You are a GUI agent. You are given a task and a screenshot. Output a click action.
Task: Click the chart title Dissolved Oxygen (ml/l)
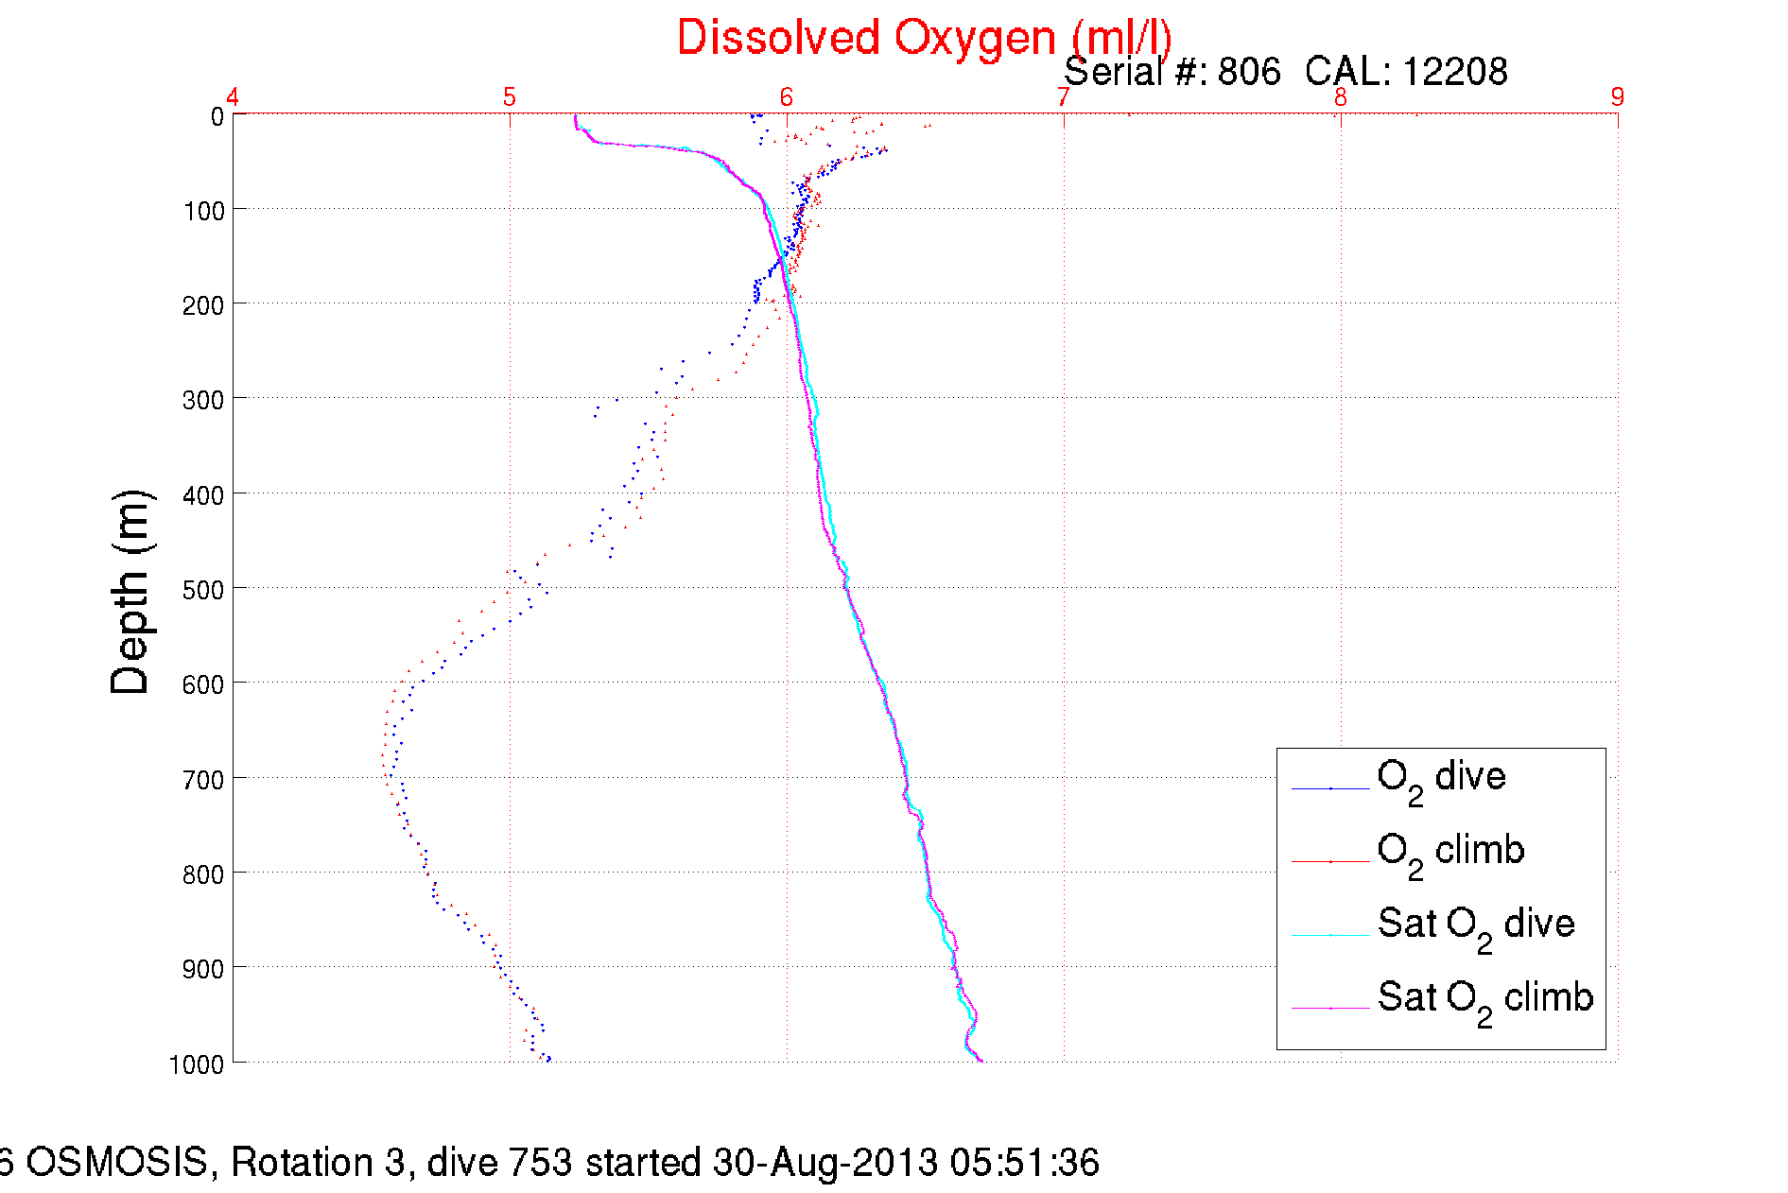924,39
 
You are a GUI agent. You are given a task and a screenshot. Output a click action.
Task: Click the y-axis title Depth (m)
130,593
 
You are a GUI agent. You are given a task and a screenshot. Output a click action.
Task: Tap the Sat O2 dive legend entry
1475,925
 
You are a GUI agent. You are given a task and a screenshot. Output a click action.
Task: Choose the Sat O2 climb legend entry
1484,999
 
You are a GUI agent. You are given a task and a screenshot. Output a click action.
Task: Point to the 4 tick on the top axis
233,96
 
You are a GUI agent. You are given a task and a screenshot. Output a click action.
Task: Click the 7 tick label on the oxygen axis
1063,96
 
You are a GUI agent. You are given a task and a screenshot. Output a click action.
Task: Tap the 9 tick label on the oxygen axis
1617,96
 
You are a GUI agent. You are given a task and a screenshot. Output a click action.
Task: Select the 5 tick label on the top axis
510,96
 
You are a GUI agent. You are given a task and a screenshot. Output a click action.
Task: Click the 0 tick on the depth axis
217,117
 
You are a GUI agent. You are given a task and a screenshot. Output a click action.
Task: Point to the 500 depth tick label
203,590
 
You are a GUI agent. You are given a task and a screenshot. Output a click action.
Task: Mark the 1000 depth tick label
197,1064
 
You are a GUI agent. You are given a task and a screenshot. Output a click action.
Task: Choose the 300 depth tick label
203,401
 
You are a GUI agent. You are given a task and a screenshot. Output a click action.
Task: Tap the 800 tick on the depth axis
203,874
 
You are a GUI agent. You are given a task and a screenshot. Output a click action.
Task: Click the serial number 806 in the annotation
1248,72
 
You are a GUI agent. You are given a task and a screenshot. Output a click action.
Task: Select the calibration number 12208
1454,72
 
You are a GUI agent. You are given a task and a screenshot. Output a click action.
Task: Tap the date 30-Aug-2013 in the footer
825,1163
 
